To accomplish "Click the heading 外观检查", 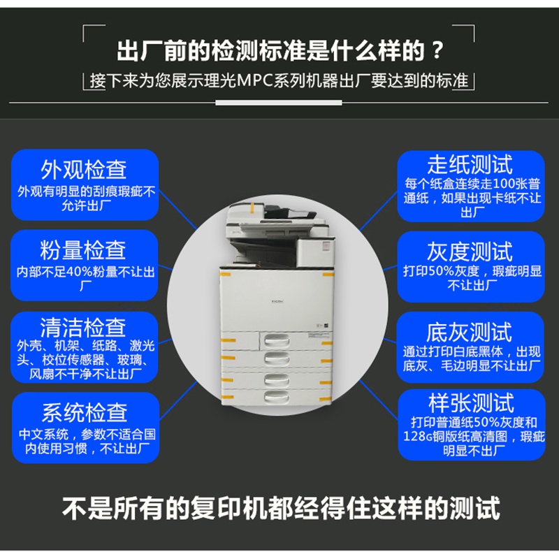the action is pyautogui.click(x=84, y=170).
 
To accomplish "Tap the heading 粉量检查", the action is pyautogui.click(x=83, y=250).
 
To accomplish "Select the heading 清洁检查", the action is pyautogui.click(x=83, y=328).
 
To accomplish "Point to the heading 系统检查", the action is pyautogui.click(x=85, y=412).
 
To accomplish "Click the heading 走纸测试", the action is pyautogui.click(x=470, y=165).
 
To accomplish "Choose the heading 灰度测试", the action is pyautogui.click(x=470, y=252).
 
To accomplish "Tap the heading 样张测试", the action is pyautogui.click(x=471, y=403).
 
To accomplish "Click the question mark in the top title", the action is pyautogui.click(x=437, y=50).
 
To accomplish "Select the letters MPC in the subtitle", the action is pyautogui.click(x=255, y=80).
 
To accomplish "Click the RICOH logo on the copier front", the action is pyautogui.click(x=277, y=302).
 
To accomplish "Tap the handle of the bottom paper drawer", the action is pyautogui.click(x=276, y=395).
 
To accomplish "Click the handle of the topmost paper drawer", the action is pyautogui.click(x=276, y=341).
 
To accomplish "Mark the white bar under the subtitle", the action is pyautogui.click(x=278, y=103).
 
